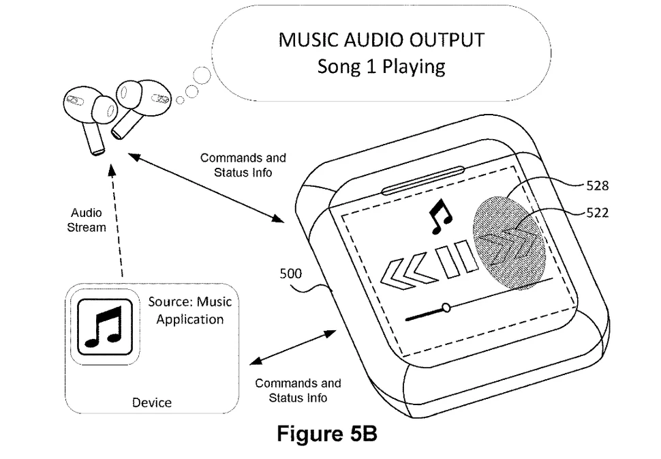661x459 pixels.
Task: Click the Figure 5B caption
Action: (326, 434)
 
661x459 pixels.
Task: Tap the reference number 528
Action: (597, 186)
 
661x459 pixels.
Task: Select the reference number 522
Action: (597, 213)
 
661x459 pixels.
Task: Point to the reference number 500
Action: (291, 274)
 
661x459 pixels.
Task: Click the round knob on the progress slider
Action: (446, 308)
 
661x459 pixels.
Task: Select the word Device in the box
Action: (152, 402)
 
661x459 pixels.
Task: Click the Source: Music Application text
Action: (190, 310)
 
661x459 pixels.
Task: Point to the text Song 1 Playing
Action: (381, 67)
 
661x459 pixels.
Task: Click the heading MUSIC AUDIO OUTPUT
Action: (381, 40)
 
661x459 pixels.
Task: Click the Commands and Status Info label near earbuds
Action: (243, 165)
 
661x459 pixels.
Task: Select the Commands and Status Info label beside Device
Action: (298, 391)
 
